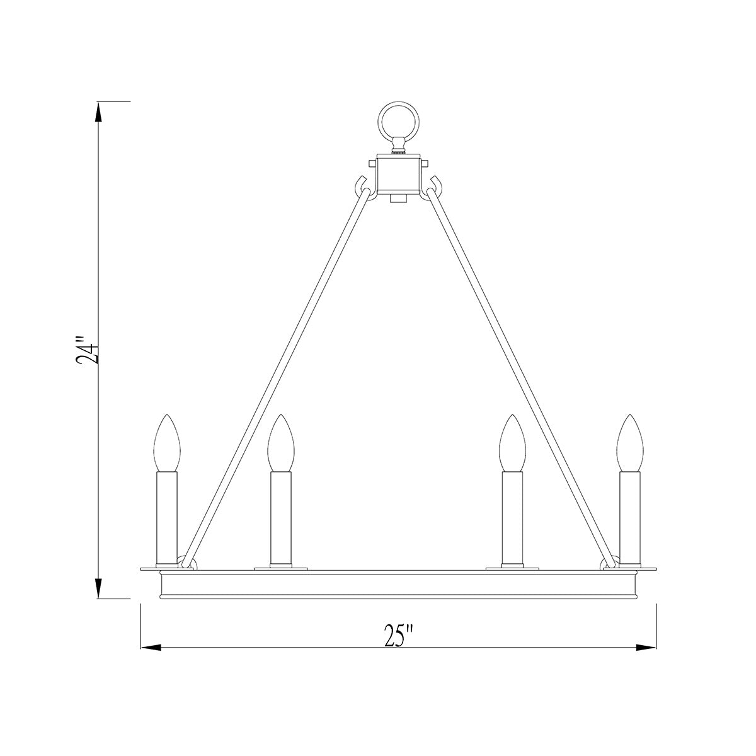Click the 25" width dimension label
coord(398,636)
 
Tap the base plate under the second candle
coord(280,568)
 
